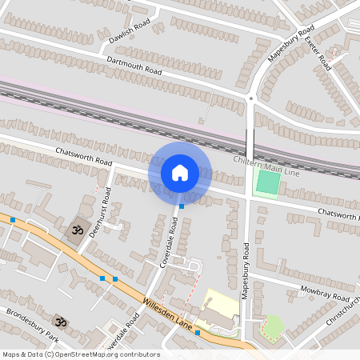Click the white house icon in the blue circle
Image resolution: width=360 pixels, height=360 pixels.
pyautogui.click(x=180, y=172)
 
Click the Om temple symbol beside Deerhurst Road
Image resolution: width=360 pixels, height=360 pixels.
pyautogui.click(x=78, y=230)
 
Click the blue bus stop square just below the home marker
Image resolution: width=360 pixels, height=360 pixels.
pyautogui.click(x=182, y=206)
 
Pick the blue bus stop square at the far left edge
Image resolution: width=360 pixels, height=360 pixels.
pyautogui.click(x=13, y=219)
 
